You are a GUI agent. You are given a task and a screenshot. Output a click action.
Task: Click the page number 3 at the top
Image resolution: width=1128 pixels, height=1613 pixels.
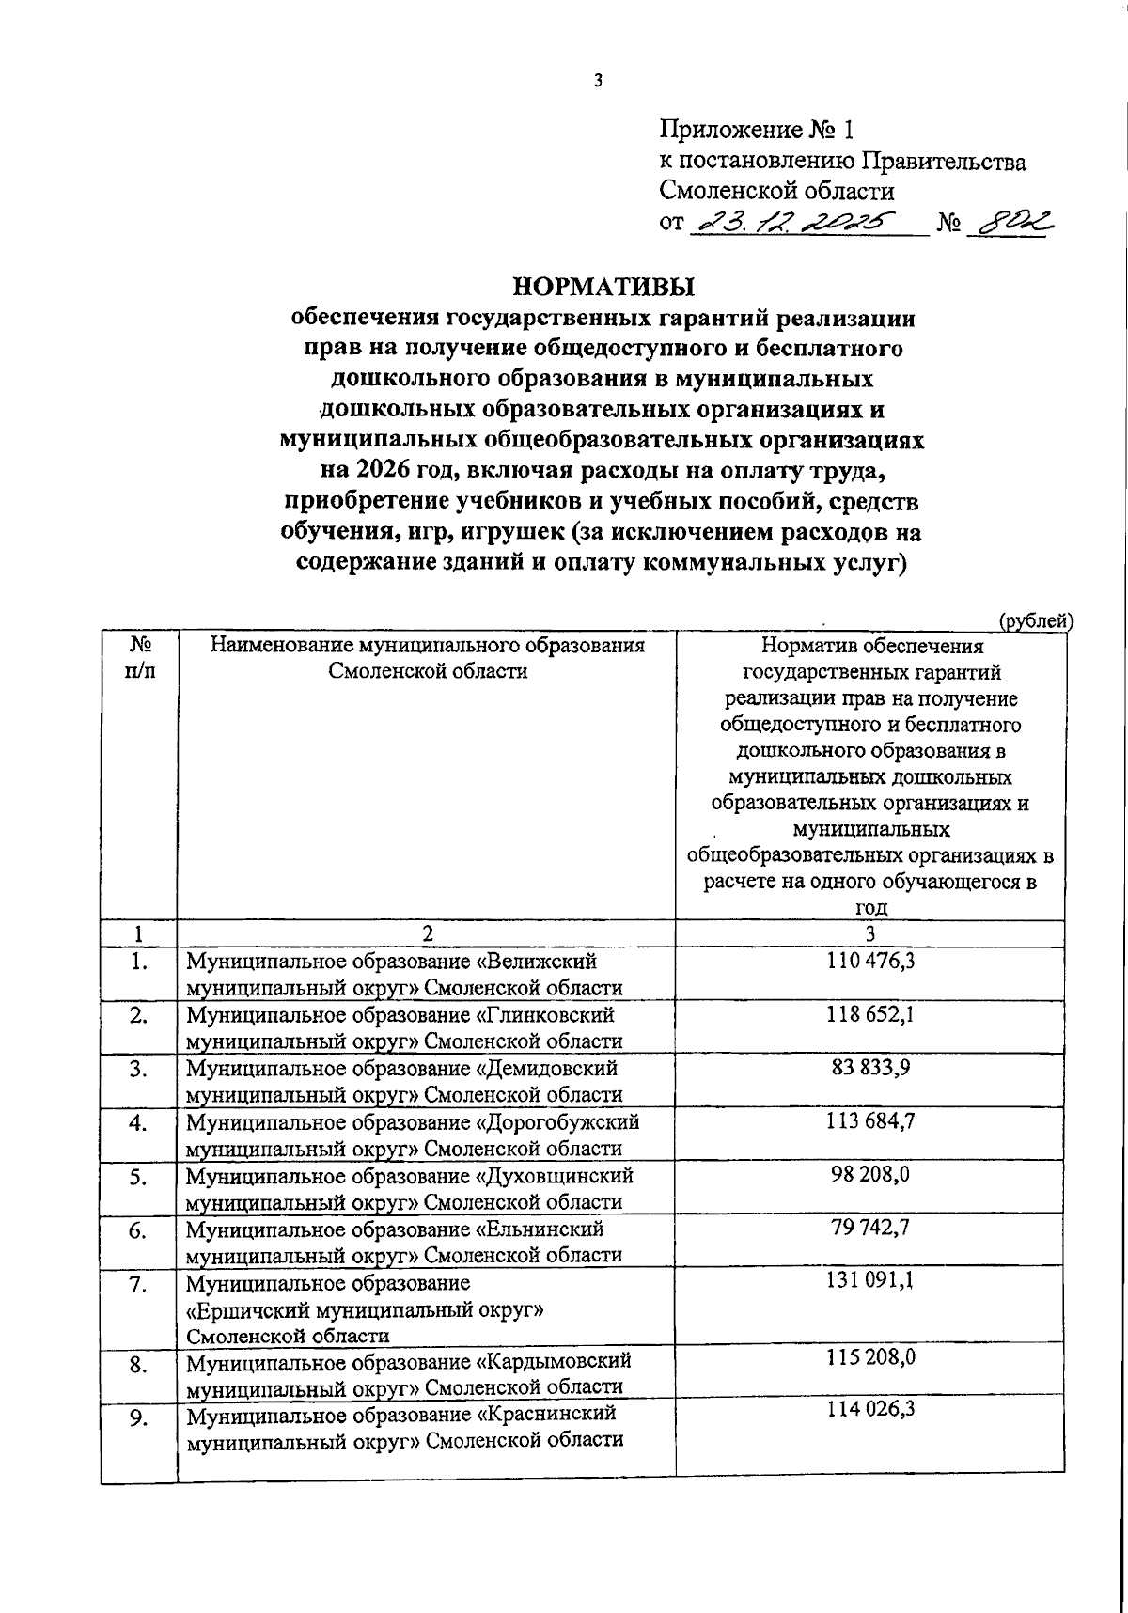[x=597, y=82]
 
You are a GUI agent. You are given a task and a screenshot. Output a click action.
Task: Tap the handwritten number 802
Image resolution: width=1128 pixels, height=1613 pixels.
[x=1011, y=223]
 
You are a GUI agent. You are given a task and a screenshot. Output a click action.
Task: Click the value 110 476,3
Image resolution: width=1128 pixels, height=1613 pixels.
[x=870, y=962]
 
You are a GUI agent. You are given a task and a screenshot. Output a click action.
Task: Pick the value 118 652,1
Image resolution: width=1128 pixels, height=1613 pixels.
[x=870, y=1015]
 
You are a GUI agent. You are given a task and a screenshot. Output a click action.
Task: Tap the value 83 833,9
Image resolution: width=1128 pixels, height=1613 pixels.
[x=870, y=1069]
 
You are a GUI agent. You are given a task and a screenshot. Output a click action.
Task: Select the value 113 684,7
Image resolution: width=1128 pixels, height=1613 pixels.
[x=870, y=1122]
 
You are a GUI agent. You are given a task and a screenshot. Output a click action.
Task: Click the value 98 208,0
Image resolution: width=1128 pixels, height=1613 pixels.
[x=870, y=1176]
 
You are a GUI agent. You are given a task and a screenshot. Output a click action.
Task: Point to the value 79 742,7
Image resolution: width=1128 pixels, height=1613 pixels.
[x=870, y=1229]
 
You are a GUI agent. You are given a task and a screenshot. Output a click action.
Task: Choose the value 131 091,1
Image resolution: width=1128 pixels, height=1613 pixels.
[x=870, y=1283]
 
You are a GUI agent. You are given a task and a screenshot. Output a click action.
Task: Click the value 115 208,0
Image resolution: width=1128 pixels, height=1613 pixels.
[x=870, y=1360]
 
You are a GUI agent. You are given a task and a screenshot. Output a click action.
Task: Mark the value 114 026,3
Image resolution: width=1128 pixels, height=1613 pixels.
[x=870, y=1414]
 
